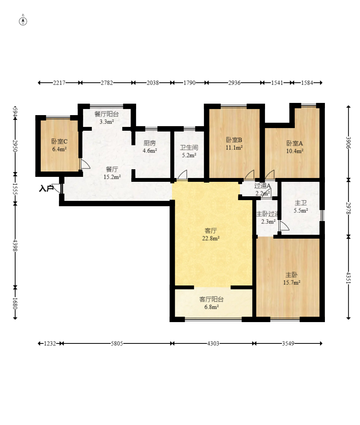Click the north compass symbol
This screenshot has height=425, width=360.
pyautogui.click(x=23, y=21)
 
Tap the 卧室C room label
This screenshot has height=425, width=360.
pyautogui.click(x=59, y=141)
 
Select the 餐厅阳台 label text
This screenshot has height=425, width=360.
pyautogui.click(x=106, y=114)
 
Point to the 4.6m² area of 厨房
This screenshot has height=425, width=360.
pyautogui.click(x=150, y=151)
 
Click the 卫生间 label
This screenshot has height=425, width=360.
pyautogui.click(x=189, y=148)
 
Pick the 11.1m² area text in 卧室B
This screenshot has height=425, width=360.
pyautogui.click(x=234, y=148)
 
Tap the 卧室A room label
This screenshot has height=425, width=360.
pyautogui.click(x=295, y=143)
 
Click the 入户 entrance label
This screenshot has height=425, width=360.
pyautogui.click(x=46, y=188)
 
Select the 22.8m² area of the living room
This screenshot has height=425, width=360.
pyautogui.click(x=211, y=239)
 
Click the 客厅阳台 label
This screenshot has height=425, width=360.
pyautogui.click(x=211, y=299)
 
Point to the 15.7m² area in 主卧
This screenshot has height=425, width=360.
pyautogui.click(x=292, y=283)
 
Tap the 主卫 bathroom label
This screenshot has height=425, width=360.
pyautogui.click(x=301, y=203)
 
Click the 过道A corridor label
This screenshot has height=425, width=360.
pyautogui.click(x=262, y=186)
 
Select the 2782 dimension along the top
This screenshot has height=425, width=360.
pyautogui.click(x=107, y=83)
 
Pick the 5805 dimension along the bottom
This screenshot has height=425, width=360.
pyautogui.click(x=117, y=343)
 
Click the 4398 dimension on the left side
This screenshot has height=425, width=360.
pyautogui.click(x=15, y=245)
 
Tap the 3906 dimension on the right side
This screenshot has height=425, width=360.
pyautogui.click(x=349, y=143)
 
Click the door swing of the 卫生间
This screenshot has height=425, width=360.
pyautogui.click(x=182, y=175)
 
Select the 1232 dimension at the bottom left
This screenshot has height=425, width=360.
pyautogui.click(x=50, y=343)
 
